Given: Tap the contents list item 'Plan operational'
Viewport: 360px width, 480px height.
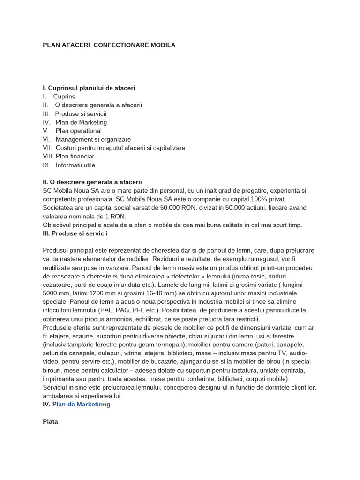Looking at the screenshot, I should coord(78,131).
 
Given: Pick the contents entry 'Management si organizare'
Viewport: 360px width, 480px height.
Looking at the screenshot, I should coord(93,139).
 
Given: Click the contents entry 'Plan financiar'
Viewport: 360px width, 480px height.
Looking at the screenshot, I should coord(75,156).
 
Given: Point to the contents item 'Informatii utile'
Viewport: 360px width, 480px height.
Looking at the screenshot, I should coord(75,165).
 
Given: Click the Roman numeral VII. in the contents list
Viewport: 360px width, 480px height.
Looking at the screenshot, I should coord(48,148).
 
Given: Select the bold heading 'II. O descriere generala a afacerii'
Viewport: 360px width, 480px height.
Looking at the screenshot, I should coord(92,182).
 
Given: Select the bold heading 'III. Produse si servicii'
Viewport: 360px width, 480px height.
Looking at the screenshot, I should coord(75,233).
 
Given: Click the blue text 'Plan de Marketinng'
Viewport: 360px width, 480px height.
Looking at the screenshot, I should coord(81,404).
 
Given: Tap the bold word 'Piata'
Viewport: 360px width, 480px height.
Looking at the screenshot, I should coord(50,421).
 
